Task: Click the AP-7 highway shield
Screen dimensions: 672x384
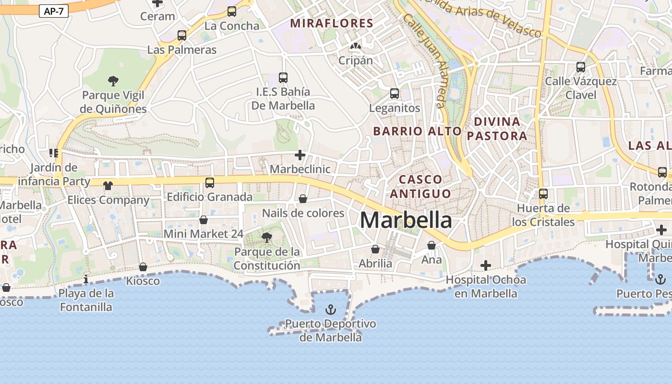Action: click(x=54, y=12)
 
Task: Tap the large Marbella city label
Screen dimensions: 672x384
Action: click(x=406, y=220)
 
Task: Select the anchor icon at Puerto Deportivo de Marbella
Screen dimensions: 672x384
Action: click(x=330, y=310)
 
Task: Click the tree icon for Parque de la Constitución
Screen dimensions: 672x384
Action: click(x=266, y=237)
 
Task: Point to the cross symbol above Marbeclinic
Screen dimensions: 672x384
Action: click(x=300, y=155)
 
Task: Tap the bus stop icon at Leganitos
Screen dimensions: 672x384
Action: click(x=395, y=94)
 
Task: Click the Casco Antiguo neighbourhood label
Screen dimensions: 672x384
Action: click(x=420, y=186)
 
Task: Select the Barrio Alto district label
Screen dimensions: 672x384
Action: click(x=417, y=131)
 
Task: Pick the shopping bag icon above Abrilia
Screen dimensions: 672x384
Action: click(x=375, y=249)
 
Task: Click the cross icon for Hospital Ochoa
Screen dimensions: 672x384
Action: click(x=486, y=265)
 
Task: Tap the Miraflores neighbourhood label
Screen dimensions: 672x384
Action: click(x=332, y=23)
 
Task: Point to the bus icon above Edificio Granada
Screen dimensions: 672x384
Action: click(x=210, y=182)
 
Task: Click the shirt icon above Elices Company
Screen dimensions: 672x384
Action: click(x=108, y=186)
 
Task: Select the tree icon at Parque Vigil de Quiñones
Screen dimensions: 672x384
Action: click(x=113, y=81)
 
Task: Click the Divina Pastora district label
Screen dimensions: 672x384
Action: click(x=497, y=129)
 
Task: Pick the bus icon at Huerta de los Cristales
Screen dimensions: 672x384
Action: click(x=543, y=194)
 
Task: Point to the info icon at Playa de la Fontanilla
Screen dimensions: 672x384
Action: click(x=86, y=279)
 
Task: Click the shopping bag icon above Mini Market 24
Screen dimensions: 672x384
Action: click(x=204, y=220)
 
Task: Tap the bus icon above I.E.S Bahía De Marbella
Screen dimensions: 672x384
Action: click(x=283, y=77)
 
